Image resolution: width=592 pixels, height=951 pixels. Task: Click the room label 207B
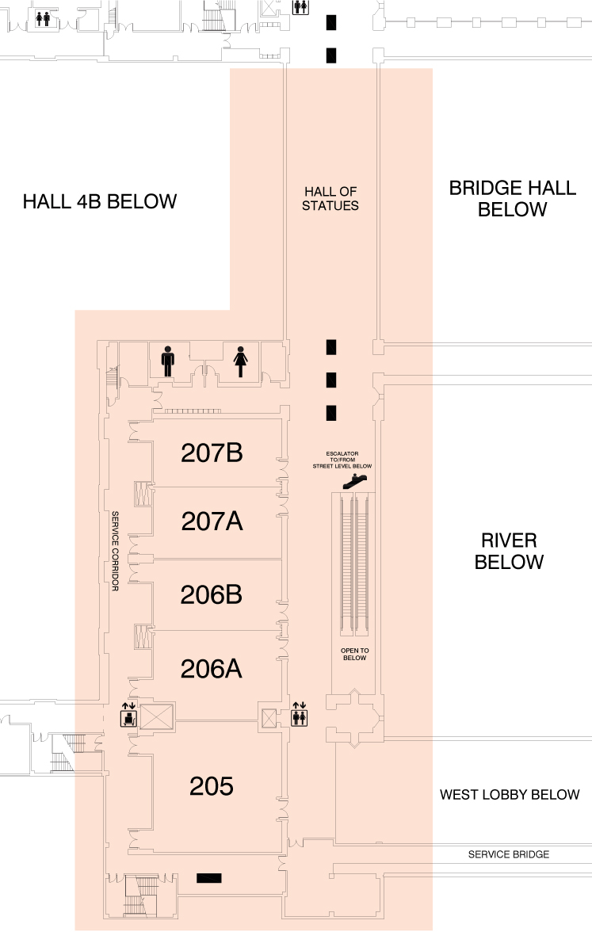pos(212,453)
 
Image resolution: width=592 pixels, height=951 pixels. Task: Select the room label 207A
pos(212,521)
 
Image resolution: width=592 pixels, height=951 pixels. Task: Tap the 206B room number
pos(212,594)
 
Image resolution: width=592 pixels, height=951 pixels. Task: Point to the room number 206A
pos(212,669)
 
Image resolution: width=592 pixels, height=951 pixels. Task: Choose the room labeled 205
pos(212,786)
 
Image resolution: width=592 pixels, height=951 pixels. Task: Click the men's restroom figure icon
pos(168,361)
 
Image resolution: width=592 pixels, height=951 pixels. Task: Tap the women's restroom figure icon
pos(240,361)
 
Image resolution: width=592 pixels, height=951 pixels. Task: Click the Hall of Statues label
pos(330,199)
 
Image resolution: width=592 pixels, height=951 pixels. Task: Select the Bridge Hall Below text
pos(513,199)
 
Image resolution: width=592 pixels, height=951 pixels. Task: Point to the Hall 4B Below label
pos(100,201)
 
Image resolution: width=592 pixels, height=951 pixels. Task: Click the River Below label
pos(509,551)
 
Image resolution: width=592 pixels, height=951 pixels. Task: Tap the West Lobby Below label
pos(510,794)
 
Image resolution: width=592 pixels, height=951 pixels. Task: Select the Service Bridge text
pos(509,854)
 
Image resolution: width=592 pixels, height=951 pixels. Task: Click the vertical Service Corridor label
pos(115,551)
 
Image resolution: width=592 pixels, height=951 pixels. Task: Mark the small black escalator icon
pos(355,481)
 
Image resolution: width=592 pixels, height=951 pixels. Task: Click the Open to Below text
pos(354,654)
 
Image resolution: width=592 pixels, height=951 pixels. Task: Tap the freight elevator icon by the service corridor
pos(128,714)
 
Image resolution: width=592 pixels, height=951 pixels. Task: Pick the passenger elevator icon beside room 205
pos(300,714)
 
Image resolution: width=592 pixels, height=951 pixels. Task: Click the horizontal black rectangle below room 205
pos(209,878)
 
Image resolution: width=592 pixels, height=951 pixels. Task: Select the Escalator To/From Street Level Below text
pos(342,460)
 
